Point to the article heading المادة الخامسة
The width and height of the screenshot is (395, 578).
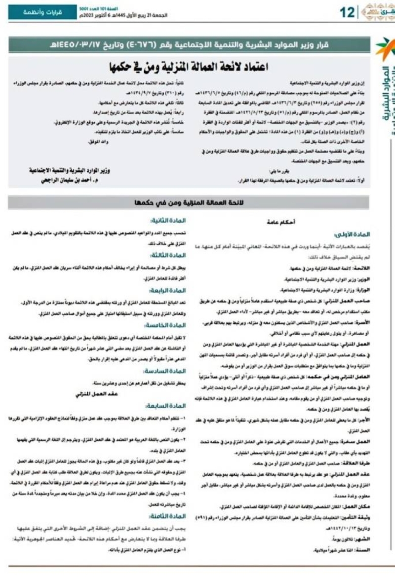tap(164, 326)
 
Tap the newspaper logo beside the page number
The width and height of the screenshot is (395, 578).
tap(377, 11)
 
